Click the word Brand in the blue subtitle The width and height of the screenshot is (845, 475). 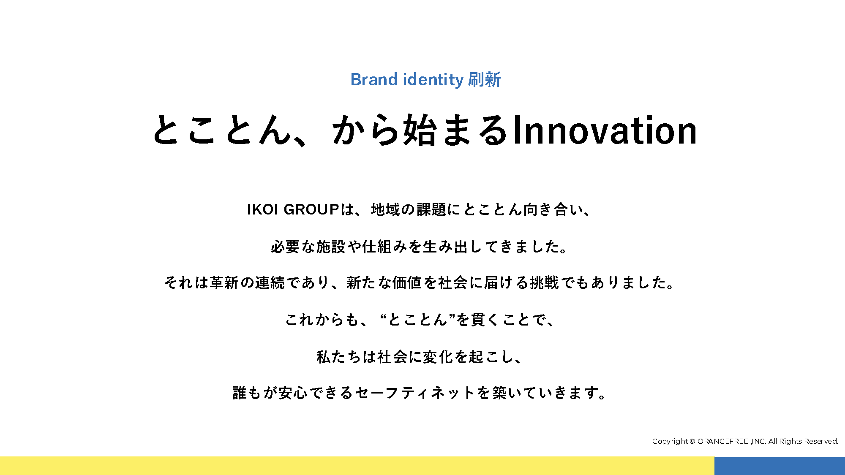tap(374, 79)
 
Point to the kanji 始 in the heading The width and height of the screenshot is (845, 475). tap(420, 130)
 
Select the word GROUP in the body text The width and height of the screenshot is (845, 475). tap(311, 209)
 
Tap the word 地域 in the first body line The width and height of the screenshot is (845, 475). tap(386, 209)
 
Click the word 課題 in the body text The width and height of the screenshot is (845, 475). tap(432, 209)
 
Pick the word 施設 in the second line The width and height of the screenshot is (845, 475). tap(331, 247)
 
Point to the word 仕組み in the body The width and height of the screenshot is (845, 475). tap(385, 247)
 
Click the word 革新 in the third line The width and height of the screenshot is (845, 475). tap(224, 282)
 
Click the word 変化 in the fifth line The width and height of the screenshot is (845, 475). tap(438, 357)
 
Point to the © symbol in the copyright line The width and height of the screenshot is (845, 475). tap(692, 442)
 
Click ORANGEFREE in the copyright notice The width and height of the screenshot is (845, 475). tap(723, 442)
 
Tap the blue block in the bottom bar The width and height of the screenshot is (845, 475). tap(780, 466)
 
